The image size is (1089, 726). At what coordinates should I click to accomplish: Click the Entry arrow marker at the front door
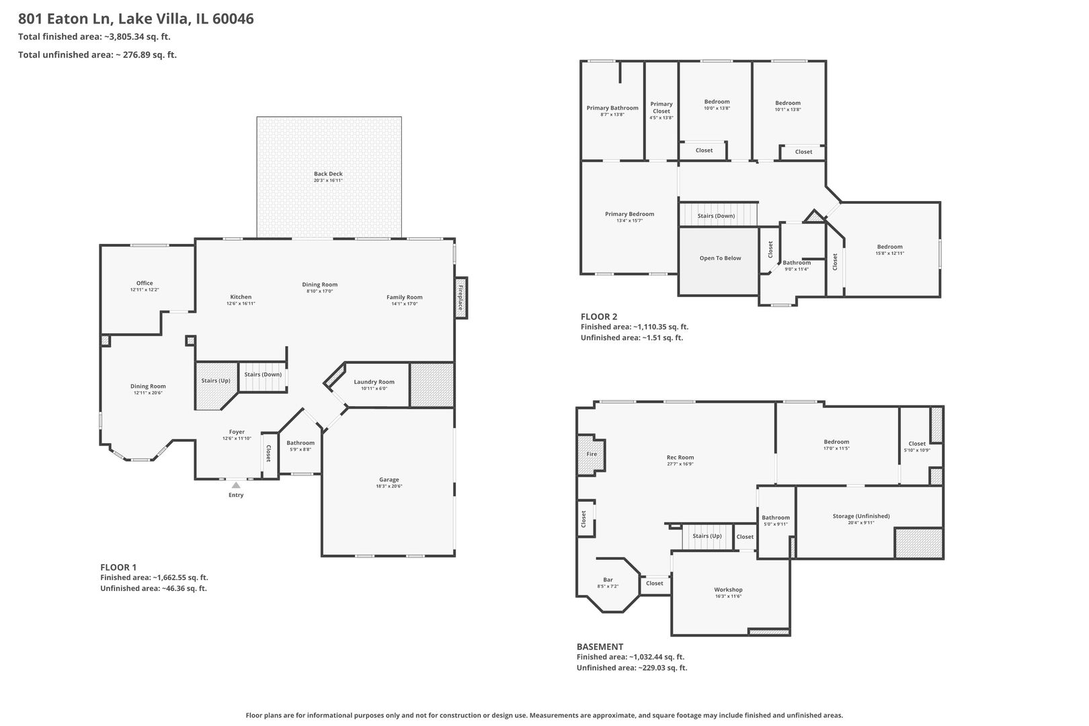(x=236, y=485)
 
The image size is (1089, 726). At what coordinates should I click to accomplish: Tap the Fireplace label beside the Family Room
(x=461, y=298)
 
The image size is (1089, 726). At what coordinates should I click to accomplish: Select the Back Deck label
(x=328, y=174)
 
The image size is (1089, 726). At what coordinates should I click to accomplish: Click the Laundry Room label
(x=374, y=382)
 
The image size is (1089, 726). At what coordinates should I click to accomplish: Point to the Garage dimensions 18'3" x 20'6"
(x=389, y=486)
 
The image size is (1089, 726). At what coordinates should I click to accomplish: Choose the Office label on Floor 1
(x=145, y=283)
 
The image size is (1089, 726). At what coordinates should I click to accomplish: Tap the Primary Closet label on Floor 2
(x=661, y=108)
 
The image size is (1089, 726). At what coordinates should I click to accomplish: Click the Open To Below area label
(x=720, y=258)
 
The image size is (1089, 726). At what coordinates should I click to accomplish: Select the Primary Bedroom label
(x=629, y=214)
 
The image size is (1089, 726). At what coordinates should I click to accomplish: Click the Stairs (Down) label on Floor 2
(x=716, y=216)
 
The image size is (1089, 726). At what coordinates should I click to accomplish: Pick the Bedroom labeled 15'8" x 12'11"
(x=889, y=247)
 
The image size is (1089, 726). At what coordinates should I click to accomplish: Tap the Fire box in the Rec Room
(x=592, y=454)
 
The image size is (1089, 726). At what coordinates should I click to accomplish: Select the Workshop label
(x=728, y=590)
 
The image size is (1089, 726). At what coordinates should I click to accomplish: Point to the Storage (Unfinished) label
(x=860, y=516)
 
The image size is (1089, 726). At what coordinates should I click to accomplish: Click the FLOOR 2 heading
(x=599, y=317)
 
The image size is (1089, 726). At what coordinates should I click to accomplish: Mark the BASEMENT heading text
(x=600, y=647)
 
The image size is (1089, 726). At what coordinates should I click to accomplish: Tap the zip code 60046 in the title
(x=233, y=19)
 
